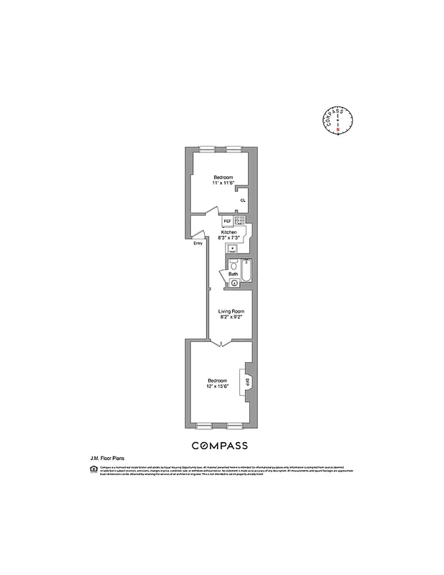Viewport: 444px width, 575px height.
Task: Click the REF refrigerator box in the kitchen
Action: tap(227, 221)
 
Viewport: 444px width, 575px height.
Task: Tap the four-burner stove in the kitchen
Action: tap(240, 220)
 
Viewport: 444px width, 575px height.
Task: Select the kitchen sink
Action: tap(232, 249)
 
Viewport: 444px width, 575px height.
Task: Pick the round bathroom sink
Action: tap(233, 284)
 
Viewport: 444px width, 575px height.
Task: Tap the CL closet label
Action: tap(243, 201)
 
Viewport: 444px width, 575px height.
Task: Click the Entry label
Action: tap(198, 243)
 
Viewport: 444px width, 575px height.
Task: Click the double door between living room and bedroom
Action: tap(221, 344)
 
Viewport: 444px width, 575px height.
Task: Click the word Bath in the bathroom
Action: tap(233, 275)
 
